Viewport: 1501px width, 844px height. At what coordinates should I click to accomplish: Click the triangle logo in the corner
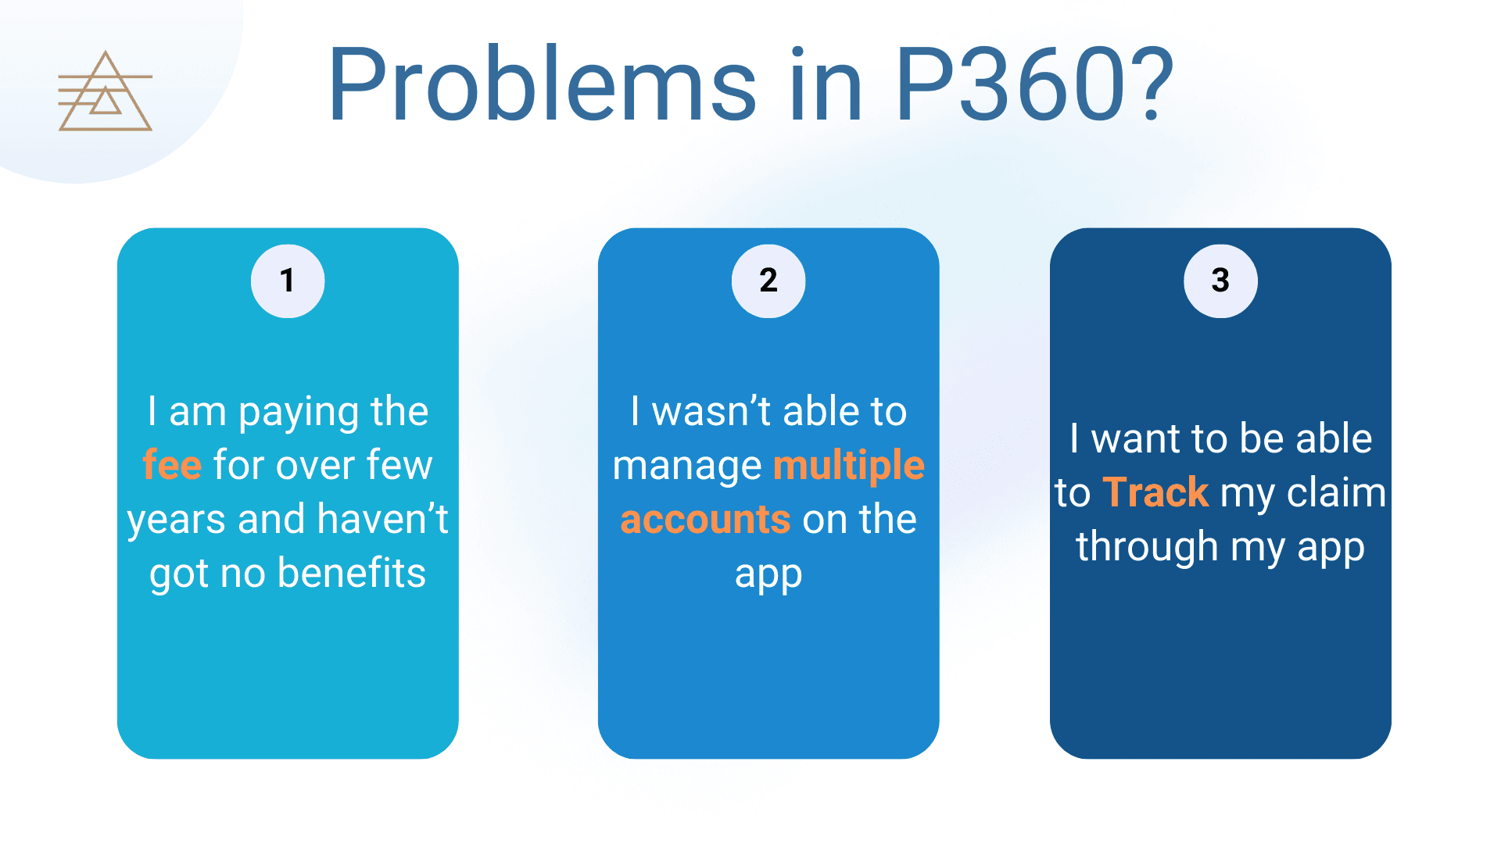[x=105, y=92]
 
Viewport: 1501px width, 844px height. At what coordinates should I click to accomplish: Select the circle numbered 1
[x=288, y=281]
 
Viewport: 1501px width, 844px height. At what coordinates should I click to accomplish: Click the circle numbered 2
[x=768, y=281]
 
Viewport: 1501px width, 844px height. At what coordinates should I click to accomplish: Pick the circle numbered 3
[x=1220, y=281]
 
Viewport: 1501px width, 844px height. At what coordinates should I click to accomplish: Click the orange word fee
[x=172, y=465]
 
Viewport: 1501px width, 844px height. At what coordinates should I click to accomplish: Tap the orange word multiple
[x=849, y=465]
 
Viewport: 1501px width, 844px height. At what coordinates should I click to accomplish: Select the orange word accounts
[x=705, y=520]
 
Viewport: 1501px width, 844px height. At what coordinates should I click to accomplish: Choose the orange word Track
[x=1155, y=492]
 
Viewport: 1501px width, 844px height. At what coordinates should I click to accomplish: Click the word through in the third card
[x=1146, y=547]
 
